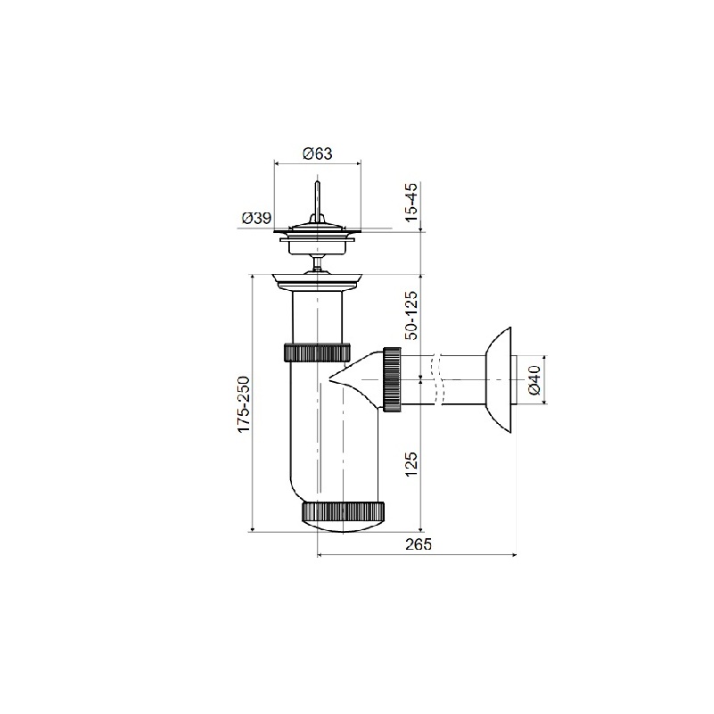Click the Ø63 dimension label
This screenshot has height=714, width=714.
click(318, 154)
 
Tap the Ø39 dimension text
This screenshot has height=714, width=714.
click(256, 218)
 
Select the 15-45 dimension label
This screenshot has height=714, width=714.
click(411, 203)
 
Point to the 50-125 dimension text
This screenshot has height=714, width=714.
click(411, 315)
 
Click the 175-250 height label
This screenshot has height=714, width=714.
click(243, 404)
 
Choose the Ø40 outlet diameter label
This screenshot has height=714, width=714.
click(534, 380)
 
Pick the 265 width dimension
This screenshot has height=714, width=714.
click(418, 544)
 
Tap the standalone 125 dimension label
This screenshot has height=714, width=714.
click(411, 464)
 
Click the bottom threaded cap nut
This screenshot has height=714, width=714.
click(343, 511)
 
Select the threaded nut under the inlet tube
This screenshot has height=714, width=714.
click(318, 352)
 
